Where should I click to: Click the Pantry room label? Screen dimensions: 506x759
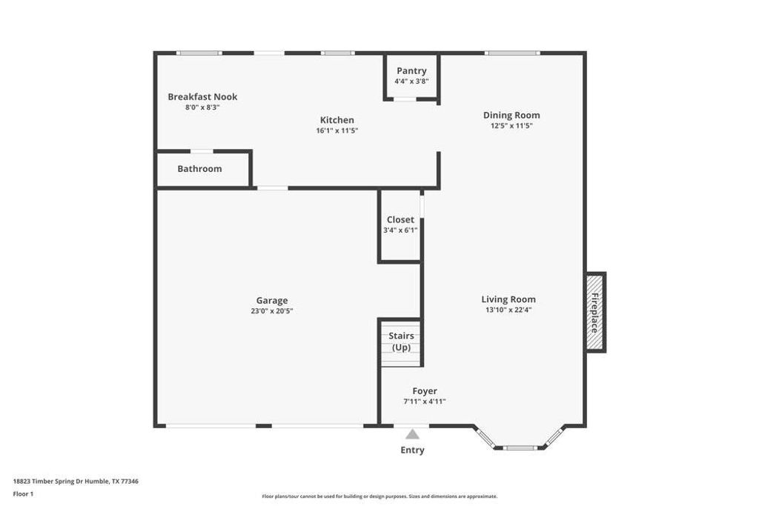pyautogui.click(x=411, y=71)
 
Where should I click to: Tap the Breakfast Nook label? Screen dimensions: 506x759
pyautogui.click(x=202, y=97)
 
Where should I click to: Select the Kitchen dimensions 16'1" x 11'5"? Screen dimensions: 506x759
pyautogui.click(x=337, y=131)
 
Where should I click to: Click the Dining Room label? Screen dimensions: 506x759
pyautogui.click(x=511, y=115)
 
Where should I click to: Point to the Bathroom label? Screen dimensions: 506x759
pyautogui.click(x=199, y=169)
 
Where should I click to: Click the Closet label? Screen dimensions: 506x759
pyautogui.click(x=400, y=220)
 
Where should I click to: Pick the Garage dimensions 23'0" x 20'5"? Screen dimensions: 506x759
pyautogui.click(x=272, y=311)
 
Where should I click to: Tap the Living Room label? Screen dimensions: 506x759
pyautogui.click(x=508, y=300)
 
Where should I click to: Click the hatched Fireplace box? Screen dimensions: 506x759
pyautogui.click(x=595, y=312)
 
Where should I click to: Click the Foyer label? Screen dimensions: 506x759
pyautogui.click(x=425, y=391)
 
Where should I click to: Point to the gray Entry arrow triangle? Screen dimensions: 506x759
pyautogui.click(x=412, y=435)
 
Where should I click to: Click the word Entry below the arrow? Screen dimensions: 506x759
pyautogui.click(x=412, y=450)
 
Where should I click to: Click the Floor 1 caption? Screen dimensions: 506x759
pyautogui.click(x=23, y=493)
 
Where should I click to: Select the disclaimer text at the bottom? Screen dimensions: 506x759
pyautogui.click(x=379, y=496)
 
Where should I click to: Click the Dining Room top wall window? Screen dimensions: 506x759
pyautogui.click(x=511, y=53)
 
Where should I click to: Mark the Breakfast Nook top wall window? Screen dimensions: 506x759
pyautogui.click(x=199, y=53)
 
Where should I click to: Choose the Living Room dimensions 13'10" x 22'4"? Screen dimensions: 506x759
pyautogui.click(x=508, y=310)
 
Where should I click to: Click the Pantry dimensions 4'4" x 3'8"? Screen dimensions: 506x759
pyautogui.click(x=411, y=81)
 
